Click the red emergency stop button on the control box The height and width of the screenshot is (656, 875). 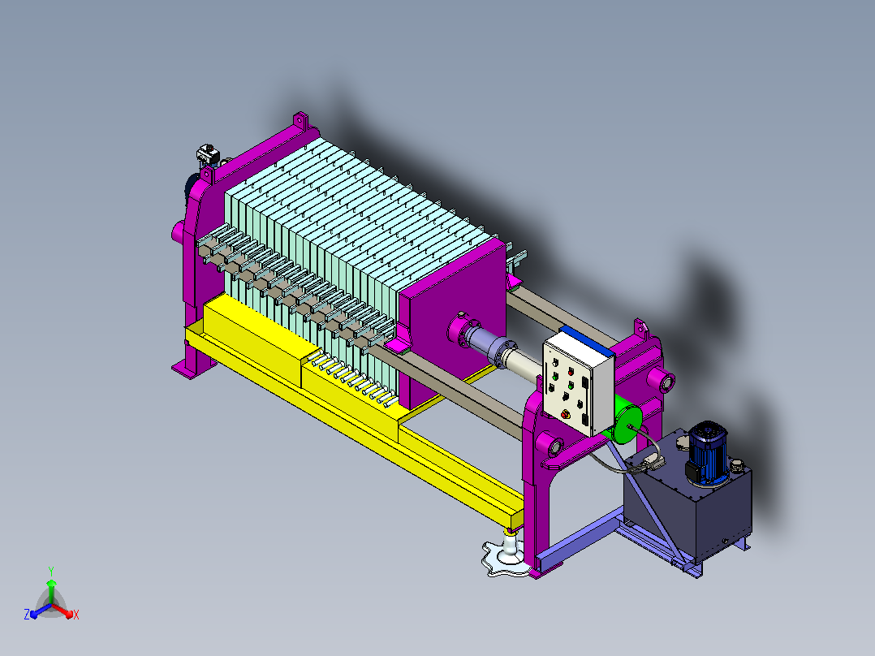(x=567, y=414)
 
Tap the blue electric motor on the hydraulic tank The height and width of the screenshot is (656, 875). (x=707, y=453)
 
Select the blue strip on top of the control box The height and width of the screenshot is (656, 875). (x=587, y=340)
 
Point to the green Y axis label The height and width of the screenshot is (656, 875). (x=51, y=571)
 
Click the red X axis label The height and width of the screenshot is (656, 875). (x=76, y=615)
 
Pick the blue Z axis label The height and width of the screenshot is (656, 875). (x=26, y=615)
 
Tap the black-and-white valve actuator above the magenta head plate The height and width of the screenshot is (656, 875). (x=207, y=154)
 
